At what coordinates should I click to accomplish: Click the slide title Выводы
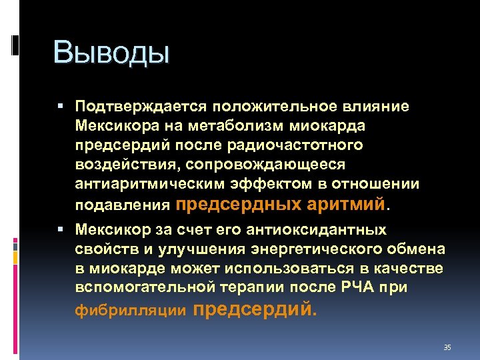coord(112,53)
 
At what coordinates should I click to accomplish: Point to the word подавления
coord(125,203)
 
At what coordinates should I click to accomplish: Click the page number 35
coord(447,347)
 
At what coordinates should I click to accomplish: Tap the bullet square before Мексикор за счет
coord(61,230)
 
